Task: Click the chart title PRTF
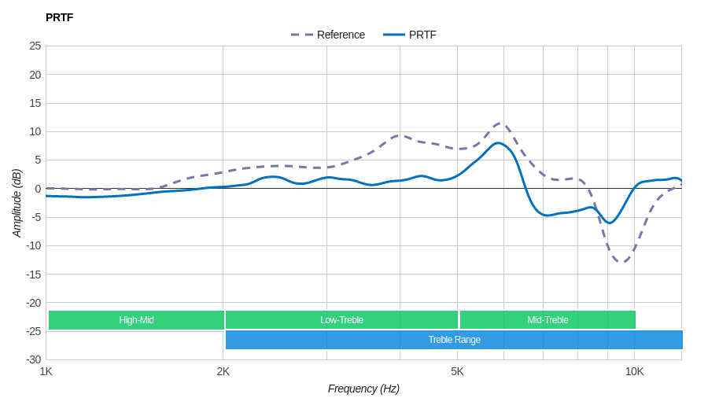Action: pos(59,17)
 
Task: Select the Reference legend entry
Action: pos(340,35)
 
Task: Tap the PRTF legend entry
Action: pos(422,35)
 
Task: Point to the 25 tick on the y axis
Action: pos(35,46)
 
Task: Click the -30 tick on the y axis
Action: pos(33,359)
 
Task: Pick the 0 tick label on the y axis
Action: pos(38,189)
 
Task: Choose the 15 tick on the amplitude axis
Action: pos(35,103)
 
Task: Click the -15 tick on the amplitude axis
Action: pos(33,275)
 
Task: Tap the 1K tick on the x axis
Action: pos(46,371)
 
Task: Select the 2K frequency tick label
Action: pos(223,371)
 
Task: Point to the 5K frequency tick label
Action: pos(457,371)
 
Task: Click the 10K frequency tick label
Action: pos(634,371)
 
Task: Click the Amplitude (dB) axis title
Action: pos(17,203)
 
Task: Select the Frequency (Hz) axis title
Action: pos(363,389)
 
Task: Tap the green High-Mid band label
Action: pos(136,320)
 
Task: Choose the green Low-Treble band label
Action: pos(341,320)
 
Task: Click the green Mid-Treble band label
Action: pos(548,320)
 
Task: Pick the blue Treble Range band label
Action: pos(454,340)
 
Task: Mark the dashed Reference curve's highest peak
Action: pos(500,123)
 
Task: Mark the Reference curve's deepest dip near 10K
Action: pos(621,262)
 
